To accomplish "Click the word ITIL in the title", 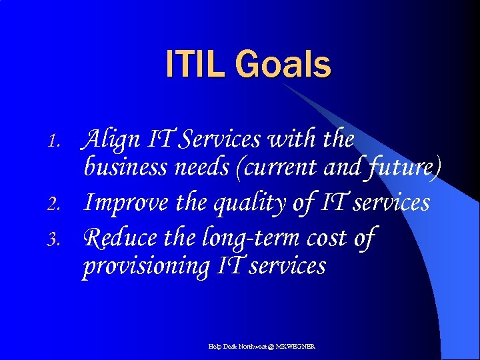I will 197,65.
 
